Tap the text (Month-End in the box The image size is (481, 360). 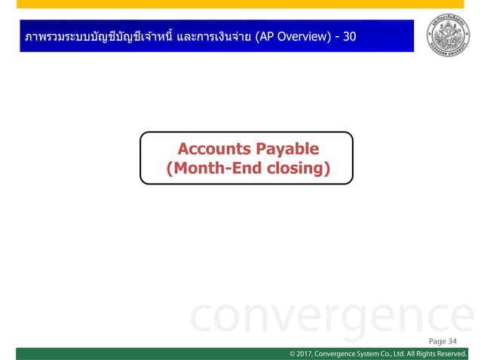tap(213, 168)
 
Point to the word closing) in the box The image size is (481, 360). tap(299, 168)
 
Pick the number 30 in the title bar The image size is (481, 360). tap(349, 36)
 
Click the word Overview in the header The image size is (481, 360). tap(302, 36)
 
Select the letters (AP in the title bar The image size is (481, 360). tap(264, 36)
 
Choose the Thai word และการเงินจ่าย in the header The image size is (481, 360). tap(213, 36)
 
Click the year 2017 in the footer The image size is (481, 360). tap(303, 354)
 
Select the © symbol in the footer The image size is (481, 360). tap(291, 354)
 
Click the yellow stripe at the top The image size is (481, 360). tap(240, 4)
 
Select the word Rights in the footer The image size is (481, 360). tap(418, 354)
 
